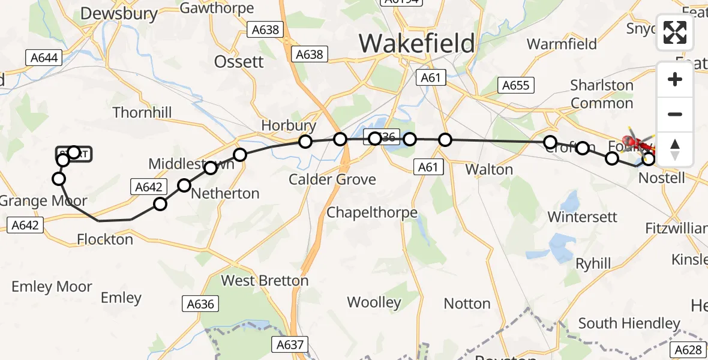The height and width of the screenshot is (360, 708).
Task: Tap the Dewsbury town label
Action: tap(119, 14)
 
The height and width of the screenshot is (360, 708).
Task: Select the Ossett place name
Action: tap(239, 61)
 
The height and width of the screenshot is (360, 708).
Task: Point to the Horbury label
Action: tap(289, 125)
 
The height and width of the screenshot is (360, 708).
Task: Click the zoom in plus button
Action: tap(675, 80)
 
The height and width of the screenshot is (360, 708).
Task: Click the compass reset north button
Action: tap(675, 149)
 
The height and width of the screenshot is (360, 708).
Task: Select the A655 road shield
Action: tap(516, 85)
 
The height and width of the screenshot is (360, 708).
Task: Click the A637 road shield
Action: tap(290, 344)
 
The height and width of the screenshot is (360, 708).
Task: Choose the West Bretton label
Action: tap(265, 280)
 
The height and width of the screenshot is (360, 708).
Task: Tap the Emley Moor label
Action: tap(52, 286)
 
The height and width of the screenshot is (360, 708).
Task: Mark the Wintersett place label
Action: tap(582, 217)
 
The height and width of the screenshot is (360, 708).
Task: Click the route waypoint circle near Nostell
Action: tap(649, 159)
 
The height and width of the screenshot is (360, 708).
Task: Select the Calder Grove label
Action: tap(332, 179)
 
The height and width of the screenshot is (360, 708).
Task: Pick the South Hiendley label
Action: tap(629, 323)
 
